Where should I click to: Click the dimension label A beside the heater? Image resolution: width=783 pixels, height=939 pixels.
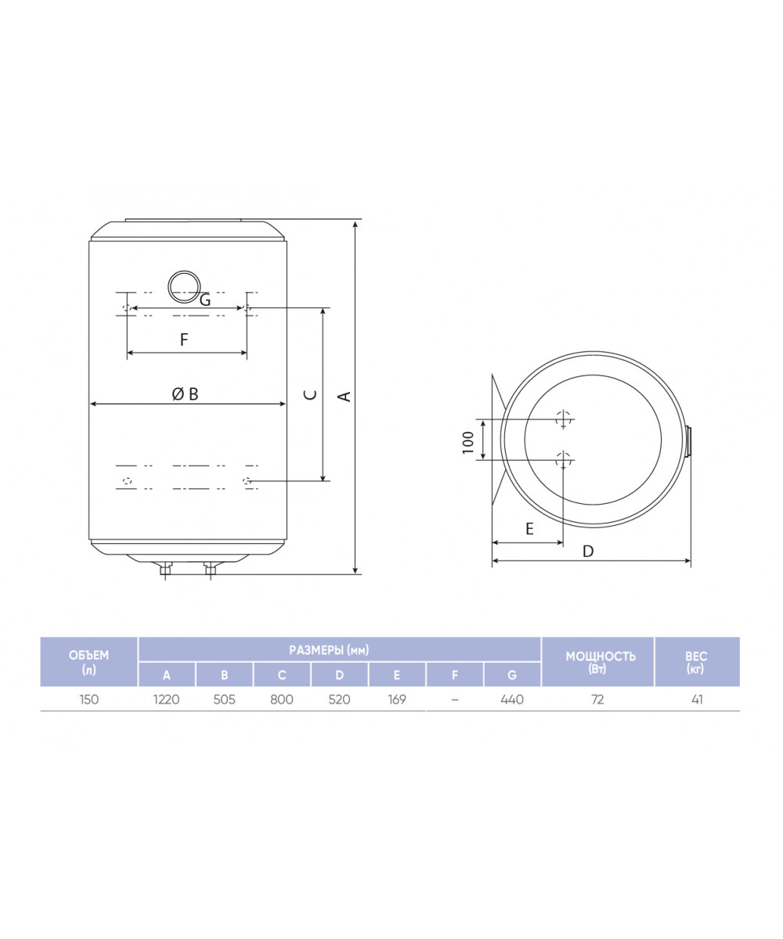345,396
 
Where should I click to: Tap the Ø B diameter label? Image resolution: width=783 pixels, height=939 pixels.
185,394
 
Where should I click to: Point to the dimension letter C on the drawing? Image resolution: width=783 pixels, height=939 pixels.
311,395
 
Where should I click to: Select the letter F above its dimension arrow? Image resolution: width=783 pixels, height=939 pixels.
183,340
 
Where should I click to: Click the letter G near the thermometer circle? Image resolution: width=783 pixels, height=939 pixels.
204,300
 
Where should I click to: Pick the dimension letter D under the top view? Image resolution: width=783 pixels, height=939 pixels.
588,551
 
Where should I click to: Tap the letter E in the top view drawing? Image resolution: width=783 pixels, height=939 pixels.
529,528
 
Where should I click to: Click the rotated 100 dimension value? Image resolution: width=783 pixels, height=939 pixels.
468,442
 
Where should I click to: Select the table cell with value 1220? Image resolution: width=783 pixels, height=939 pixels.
166,700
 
